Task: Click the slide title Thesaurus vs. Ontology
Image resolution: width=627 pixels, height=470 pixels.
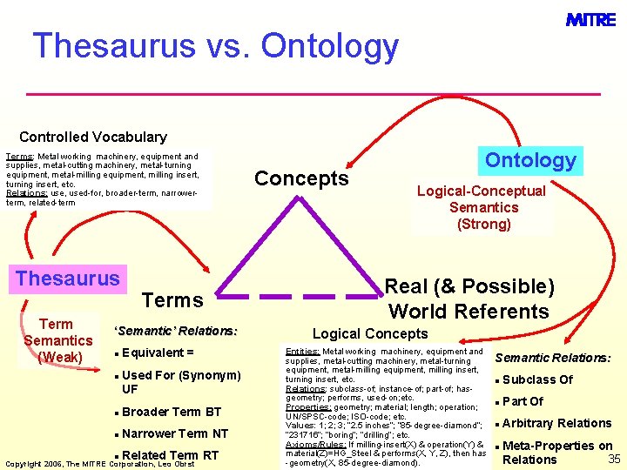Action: click(215, 45)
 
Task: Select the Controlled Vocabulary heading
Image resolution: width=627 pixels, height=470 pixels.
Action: click(92, 137)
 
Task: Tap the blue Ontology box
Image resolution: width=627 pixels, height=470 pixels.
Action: click(530, 160)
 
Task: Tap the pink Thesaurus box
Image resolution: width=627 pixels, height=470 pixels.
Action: click(68, 279)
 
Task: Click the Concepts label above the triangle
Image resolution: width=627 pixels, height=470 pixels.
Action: click(301, 178)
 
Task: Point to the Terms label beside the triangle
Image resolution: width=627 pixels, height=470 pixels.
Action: click(172, 300)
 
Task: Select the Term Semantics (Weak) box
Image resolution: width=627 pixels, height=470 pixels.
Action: click(58, 340)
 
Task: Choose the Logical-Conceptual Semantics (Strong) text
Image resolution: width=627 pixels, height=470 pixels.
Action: click(483, 207)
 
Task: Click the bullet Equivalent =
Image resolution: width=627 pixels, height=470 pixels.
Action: click(158, 352)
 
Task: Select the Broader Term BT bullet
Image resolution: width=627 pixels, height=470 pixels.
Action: click(172, 412)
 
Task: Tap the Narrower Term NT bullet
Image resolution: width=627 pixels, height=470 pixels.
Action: click(175, 433)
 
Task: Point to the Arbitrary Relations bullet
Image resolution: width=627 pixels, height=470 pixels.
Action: click(556, 423)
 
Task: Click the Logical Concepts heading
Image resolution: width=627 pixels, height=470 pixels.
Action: click(370, 333)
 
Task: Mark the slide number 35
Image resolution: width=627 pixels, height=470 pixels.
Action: click(613, 459)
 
